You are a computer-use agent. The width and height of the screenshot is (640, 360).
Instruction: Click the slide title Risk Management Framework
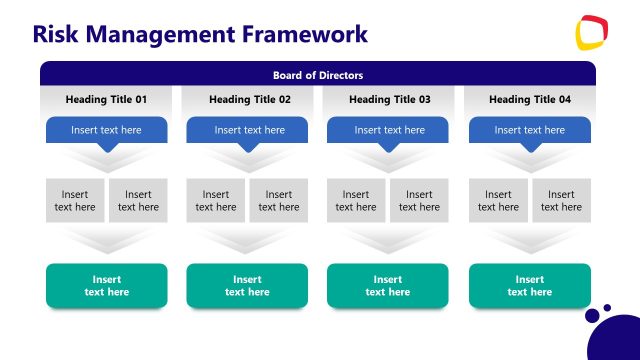pyautogui.click(x=200, y=34)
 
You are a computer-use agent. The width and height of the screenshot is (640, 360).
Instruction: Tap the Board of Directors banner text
pyautogui.click(x=318, y=75)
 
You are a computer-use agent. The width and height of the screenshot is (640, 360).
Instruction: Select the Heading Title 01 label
pyautogui.click(x=106, y=100)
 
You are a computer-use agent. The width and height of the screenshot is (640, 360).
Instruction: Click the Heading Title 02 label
pyautogui.click(x=250, y=100)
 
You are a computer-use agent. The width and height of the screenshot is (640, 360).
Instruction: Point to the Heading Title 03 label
pyautogui.click(x=390, y=100)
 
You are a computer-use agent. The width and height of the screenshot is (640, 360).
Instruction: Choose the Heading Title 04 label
pyautogui.click(x=530, y=100)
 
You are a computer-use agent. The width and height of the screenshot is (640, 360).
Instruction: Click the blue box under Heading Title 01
pyautogui.click(x=106, y=130)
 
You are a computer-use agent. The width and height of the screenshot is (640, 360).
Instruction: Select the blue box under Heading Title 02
pyautogui.click(x=250, y=130)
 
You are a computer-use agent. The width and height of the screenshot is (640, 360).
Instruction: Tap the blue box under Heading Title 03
pyautogui.click(x=390, y=130)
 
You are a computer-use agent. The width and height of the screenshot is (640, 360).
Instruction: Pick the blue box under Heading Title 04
pyautogui.click(x=530, y=130)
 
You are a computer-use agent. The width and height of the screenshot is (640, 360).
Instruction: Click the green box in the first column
pyautogui.click(x=106, y=286)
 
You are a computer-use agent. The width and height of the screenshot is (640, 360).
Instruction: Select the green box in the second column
pyautogui.click(x=247, y=286)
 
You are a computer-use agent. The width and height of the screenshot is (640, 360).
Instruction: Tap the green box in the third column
pyautogui.click(x=388, y=286)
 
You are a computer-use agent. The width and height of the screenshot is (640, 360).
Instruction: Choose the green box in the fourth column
pyautogui.click(x=530, y=286)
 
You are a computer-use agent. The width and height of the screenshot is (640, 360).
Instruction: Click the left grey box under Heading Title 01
pyautogui.click(x=75, y=200)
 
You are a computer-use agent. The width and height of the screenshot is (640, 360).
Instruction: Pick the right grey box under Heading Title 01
pyautogui.click(x=138, y=200)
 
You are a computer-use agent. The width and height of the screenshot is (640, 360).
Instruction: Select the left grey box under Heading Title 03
pyautogui.click(x=356, y=200)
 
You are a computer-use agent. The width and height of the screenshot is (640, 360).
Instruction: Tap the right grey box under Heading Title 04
pyautogui.click(x=562, y=200)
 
